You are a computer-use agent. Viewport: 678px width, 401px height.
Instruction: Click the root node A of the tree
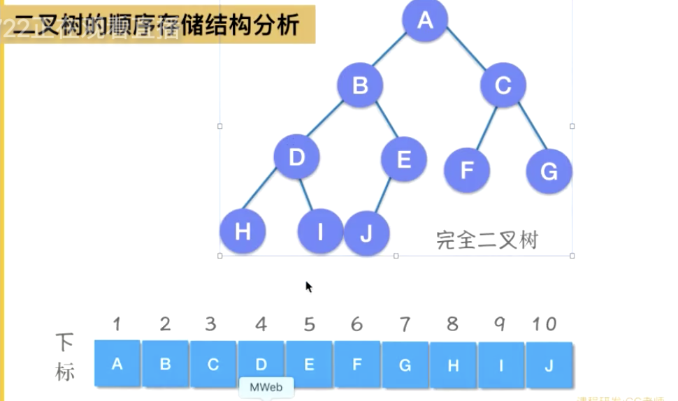click(x=425, y=20)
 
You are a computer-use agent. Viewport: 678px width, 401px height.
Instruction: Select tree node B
click(x=360, y=85)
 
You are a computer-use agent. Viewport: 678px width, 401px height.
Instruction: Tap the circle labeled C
click(x=503, y=85)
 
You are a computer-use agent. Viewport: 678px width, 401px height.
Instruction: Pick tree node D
click(x=296, y=157)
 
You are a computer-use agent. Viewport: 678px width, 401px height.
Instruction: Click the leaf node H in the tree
click(x=243, y=231)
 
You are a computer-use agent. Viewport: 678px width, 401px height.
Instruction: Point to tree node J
click(x=366, y=233)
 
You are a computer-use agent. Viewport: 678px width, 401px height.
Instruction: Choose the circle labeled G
click(x=549, y=170)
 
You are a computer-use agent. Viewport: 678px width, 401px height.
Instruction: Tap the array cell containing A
click(x=117, y=363)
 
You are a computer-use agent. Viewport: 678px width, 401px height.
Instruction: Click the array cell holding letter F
click(x=357, y=364)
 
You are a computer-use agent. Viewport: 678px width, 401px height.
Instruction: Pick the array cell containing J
click(x=549, y=364)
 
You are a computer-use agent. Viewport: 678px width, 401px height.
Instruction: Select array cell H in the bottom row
click(x=453, y=364)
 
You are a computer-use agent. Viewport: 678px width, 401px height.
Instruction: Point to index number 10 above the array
click(x=544, y=323)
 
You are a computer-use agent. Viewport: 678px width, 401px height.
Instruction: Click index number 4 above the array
click(x=261, y=323)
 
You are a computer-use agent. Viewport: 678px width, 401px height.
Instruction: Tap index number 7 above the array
click(x=405, y=323)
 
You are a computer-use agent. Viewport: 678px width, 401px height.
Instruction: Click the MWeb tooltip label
click(x=266, y=387)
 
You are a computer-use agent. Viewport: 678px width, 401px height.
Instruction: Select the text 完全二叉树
click(x=487, y=240)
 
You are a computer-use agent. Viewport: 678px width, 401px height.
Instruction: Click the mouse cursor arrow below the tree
click(x=308, y=286)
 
